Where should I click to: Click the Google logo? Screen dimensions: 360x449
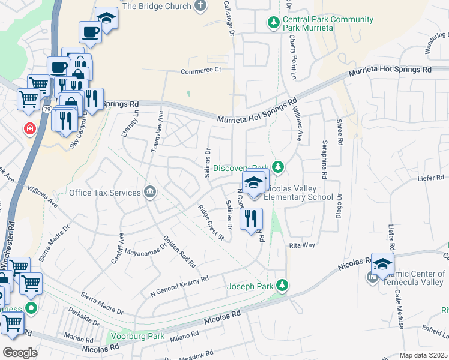click(x=20, y=352)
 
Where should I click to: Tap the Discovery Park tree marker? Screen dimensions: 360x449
click(x=277, y=166)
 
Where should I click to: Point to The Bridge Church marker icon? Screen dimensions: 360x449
click(x=200, y=6)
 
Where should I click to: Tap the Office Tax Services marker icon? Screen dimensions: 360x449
click(x=150, y=193)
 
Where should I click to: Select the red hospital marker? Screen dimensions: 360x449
click(x=29, y=129)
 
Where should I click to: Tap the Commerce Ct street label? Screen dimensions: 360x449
click(x=202, y=71)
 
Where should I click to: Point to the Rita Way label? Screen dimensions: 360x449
click(x=303, y=245)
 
